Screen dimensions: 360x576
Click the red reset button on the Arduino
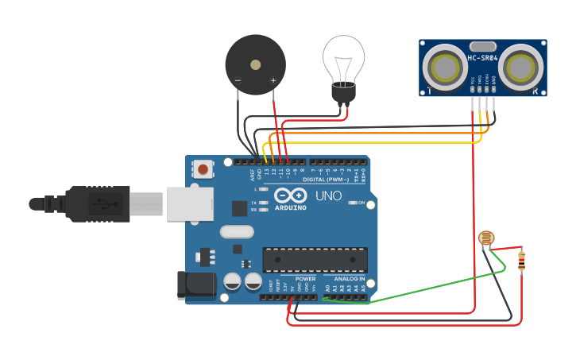point(204,168)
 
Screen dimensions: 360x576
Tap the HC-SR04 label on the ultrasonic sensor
point(483,58)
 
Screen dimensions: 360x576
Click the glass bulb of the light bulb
point(344,56)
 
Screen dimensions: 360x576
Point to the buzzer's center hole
point(255,65)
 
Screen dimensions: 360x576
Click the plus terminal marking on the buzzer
point(273,79)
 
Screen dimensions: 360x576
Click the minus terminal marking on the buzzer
point(237,79)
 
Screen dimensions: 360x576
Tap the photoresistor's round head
point(485,238)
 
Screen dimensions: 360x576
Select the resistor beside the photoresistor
point(521,261)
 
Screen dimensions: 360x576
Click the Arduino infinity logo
point(290,195)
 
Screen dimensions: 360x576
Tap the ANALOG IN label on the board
point(350,279)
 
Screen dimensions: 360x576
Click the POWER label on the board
point(305,279)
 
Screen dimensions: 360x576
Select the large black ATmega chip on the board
point(315,259)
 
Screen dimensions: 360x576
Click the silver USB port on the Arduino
point(190,203)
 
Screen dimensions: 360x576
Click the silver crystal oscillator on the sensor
point(483,46)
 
